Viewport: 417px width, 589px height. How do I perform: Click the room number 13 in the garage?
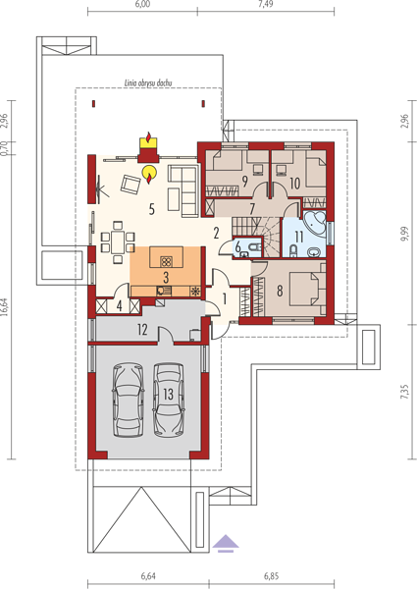(x=168, y=394)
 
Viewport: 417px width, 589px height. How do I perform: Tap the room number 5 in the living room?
(x=152, y=209)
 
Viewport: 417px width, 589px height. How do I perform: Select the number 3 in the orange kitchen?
(x=166, y=277)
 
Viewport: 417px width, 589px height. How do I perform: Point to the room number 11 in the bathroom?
(x=299, y=237)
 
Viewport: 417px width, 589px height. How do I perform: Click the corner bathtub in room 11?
(x=314, y=223)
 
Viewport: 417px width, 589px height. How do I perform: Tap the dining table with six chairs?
(x=118, y=242)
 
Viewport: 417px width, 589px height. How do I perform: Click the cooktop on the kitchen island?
(x=166, y=261)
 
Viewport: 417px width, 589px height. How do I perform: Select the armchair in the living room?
(x=130, y=185)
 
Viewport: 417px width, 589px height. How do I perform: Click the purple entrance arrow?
(x=226, y=544)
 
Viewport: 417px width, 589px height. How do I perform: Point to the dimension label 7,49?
(x=266, y=4)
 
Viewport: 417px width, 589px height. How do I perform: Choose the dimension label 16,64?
(x=5, y=307)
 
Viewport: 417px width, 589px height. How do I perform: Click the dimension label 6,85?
(x=272, y=576)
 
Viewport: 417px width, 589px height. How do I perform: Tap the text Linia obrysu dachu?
(x=148, y=83)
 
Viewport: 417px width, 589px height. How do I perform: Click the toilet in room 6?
(x=255, y=247)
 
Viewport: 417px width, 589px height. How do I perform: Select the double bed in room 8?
(x=308, y=289)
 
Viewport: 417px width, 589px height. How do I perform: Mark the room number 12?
(x=142, y=330)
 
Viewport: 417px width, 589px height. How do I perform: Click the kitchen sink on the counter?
(x=164, y=291)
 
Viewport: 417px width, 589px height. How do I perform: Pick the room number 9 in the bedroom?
(x=244, y=182)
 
